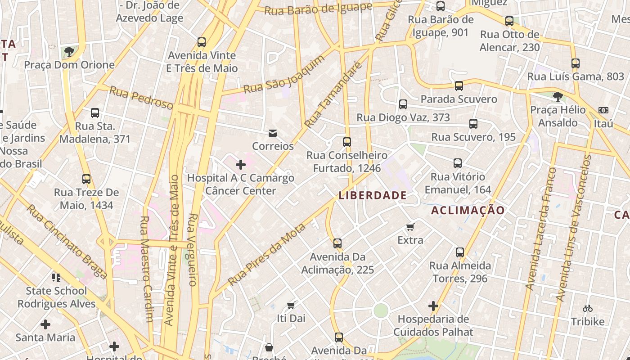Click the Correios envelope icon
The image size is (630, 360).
[x=272, y=133]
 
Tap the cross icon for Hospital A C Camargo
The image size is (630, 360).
[x=241, y=165]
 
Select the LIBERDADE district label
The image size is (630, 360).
[x=373, y=195]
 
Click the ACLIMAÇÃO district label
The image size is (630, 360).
[x=468, y=210]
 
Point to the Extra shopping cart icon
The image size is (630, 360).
[x=410, y=227]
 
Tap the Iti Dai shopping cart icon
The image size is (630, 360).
[x=291, y=305]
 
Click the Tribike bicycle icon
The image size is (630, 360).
[x=587, y=308]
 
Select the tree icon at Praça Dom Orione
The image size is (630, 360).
[x=69, y=52]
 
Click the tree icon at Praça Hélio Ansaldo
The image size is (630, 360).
[x=558, y=96]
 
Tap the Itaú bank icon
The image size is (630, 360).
[x=603, y=110]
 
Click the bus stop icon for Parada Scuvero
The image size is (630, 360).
[x=459, y=85]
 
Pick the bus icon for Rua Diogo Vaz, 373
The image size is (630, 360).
[x=403, y=104]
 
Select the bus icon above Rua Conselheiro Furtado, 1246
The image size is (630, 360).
[x=346, y=142]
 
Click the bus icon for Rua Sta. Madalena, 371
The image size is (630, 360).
[x=95, y=113]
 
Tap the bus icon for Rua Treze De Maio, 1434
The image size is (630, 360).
[x=86, y=179]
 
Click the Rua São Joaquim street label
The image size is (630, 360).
[x=284, y=75]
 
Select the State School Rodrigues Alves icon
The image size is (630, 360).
[x=56, y=277]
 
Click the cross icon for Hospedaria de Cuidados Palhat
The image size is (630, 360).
[x=433, y=306]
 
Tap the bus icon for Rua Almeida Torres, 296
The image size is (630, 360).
[x=459, y=252]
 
